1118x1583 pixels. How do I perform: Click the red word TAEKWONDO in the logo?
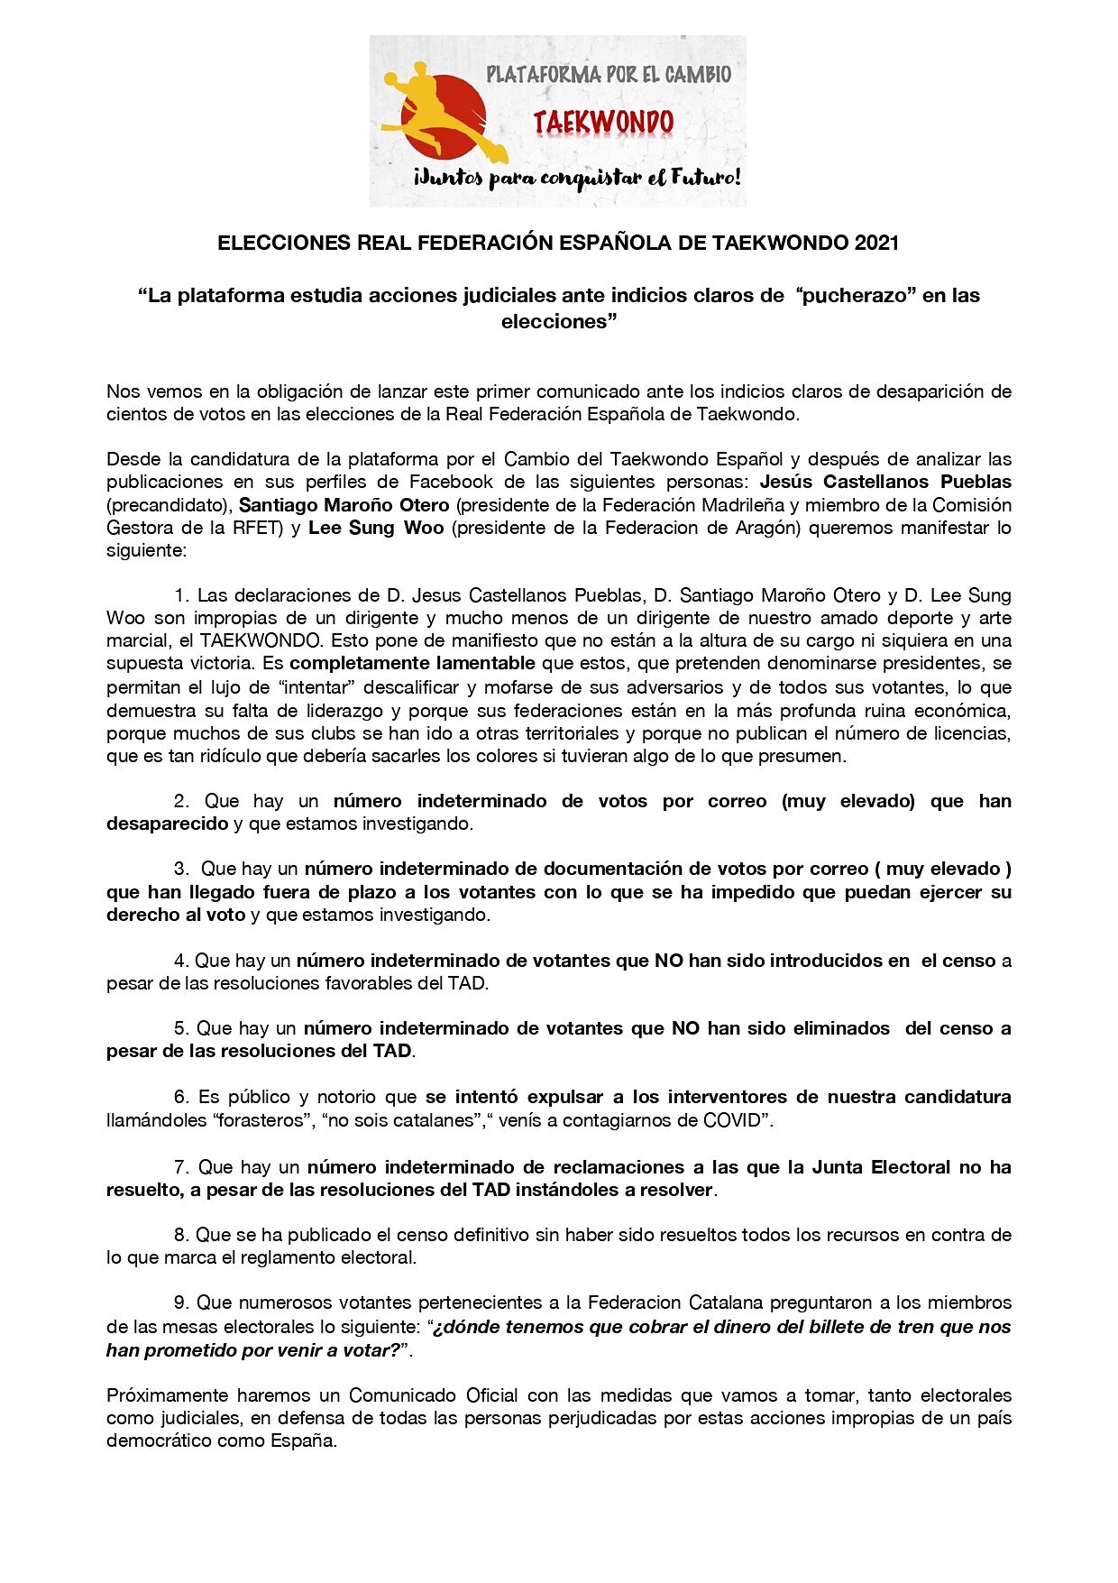click(603, 123)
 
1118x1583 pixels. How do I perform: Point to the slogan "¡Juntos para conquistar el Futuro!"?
click(577, 178)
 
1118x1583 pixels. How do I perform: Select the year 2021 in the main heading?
click(876, 243)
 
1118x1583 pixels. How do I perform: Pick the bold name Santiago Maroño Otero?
click(344, 505)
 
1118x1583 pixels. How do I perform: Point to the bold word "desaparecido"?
click(167, 824)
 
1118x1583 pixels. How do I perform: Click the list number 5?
click(179, 1028)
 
